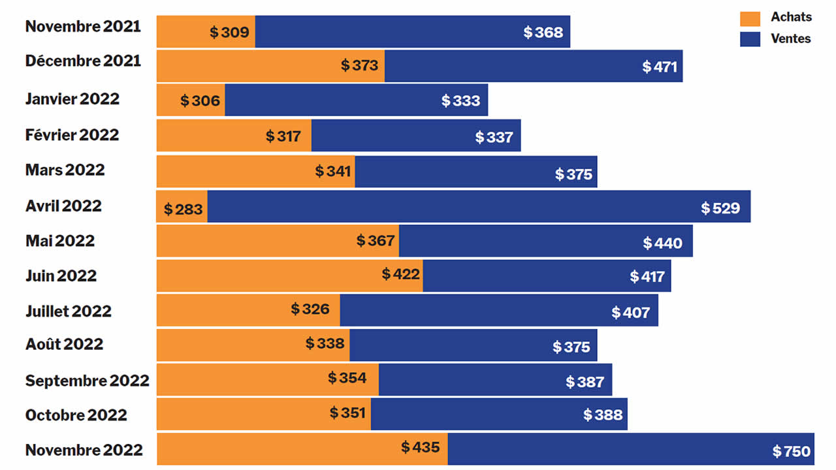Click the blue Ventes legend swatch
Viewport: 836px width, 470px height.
pyautogui.click(x=750, y=39)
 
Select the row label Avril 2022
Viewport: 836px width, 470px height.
pyautogui.click(x=63, y=206)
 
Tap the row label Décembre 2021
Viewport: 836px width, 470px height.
pyautogui.click(x=83, y=61)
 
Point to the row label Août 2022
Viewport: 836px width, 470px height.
pyautogui.click(x=64, y=344)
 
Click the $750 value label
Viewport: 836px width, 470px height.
pyautogui.click(x=791, y=451)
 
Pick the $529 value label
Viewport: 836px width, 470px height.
pyautogui.click(x=720, y=208)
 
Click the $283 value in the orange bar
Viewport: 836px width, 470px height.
pyautogui.click(x=184, y=210)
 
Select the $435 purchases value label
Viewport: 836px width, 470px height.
pyautogui.click(x=420, y=447)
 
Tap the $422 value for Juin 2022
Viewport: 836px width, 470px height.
pyautogui.click(x=400, y=274)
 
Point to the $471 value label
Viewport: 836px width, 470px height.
pyautogui.click(x=660, y=67)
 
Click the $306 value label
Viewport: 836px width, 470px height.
pyautogui.click(x=201, y=101)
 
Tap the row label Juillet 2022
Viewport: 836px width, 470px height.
pyautogui.click(x=68, y=311)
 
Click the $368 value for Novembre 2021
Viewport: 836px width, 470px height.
pyautogui.click(x=543, y=32)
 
